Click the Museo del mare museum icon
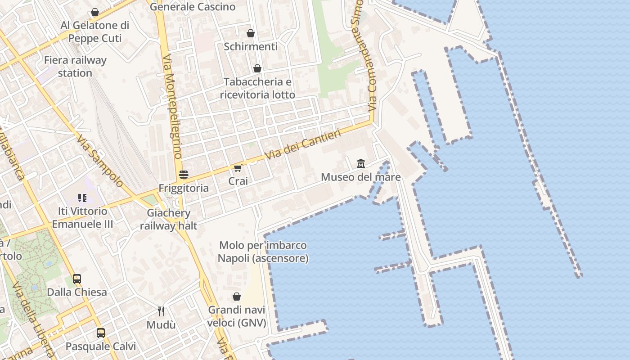pyautogui.click(x=361, y=164)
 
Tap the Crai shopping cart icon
pyautogui.click(x=238, y=168)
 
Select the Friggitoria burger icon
pyautogui.click(x=183, y=174)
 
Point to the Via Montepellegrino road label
pyautogui.click(x=172, y=106)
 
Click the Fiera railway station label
pyautogui.click(x=75, y=67)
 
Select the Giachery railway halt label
pyautogui.click(x=168, y=219)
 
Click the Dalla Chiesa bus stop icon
pyautogui.click(x=77, y=279)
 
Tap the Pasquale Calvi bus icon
pyautogui.click(x=101, y=333)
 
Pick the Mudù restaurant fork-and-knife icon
pyautogui.click(x=161, y=311)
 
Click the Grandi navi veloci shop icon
pyautogui.click(x=236, y=297)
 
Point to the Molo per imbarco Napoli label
pyautogui.click(x=263, y=252)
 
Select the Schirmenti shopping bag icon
pyautogui.click(x=251, y=33)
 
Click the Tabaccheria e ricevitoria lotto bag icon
pyautogui.click(x=257, y=68)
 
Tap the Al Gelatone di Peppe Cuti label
pyautogui.click(x=95, y=31)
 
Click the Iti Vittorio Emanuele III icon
pyautogui.click(x=82, y=198)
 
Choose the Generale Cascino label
pyautogui.click(x=193, y=7)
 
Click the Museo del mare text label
pyautogui.click(x=360, y=177)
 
